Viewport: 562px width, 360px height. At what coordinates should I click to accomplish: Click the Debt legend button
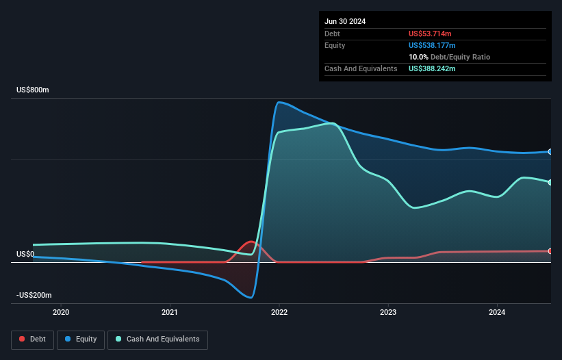(x=31, y=339)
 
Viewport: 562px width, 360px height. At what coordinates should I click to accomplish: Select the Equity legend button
(x=81, y=339)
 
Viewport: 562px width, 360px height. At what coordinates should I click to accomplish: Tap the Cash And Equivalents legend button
(x=157, y=339)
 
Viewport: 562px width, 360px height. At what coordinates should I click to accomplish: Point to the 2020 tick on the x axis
(x=61, y=313)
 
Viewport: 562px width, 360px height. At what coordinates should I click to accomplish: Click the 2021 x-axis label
(x=170, y=313)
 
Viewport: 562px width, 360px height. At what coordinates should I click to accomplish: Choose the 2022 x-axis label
(x=279, y=313)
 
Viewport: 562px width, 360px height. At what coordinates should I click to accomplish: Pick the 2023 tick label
(x=388, y=313)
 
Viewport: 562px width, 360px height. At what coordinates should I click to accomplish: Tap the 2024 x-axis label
(x=497, y=313)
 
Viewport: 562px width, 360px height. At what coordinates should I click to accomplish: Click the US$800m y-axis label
(x=32, y=90)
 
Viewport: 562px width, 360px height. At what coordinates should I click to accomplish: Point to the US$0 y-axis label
(x=25, y=254)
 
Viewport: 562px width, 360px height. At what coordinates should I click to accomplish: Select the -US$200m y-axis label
(x=34, y=295)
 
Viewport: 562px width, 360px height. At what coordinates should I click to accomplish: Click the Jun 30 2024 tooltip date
(x=345, y=21)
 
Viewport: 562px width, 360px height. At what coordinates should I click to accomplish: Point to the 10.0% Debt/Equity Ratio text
(x=449, y=57)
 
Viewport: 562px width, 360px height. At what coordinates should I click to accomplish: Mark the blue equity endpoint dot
(x=550, y=151)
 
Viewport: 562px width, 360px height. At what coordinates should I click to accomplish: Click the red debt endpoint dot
(x=550, y=251)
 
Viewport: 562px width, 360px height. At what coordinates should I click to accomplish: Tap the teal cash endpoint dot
(x=550, y=182)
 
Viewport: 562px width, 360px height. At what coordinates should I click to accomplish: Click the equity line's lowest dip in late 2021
(x=251, y=297)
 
